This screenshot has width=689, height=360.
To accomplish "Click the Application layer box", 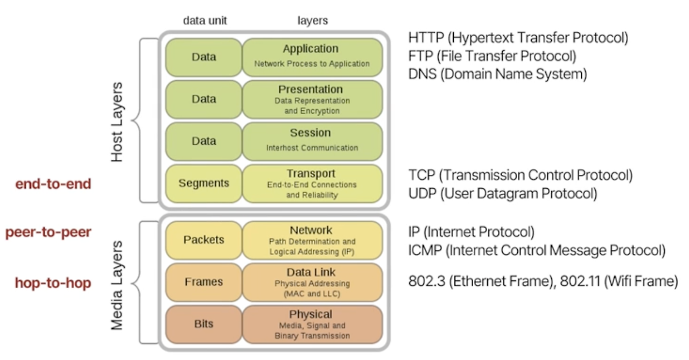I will point(312,57).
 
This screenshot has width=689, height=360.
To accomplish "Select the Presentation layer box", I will point(312,100).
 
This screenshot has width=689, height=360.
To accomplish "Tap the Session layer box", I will point(312,142).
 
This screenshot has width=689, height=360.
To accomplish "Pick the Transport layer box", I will point(312,183).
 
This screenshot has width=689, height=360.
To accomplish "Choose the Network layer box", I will point(312,240).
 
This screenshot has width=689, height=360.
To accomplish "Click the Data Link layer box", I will point(312,282).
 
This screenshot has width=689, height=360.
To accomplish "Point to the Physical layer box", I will point(312,324).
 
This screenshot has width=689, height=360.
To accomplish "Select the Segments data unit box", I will point(203,183).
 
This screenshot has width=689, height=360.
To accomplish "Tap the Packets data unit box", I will point(203,240).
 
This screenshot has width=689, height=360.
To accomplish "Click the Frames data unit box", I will point(203,282).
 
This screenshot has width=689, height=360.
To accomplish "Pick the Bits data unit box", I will point(203,324).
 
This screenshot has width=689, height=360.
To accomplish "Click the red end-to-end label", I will point(53,184).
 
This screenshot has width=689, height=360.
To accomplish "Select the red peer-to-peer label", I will point(48,232).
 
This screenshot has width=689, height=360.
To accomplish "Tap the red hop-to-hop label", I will point(53,283).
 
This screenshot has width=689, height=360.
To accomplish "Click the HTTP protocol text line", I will point(518,38).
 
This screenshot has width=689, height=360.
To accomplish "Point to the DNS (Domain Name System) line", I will point(497,74).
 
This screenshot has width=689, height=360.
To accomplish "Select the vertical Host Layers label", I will point(117,122).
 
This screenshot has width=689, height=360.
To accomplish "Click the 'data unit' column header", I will point(205,20).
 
